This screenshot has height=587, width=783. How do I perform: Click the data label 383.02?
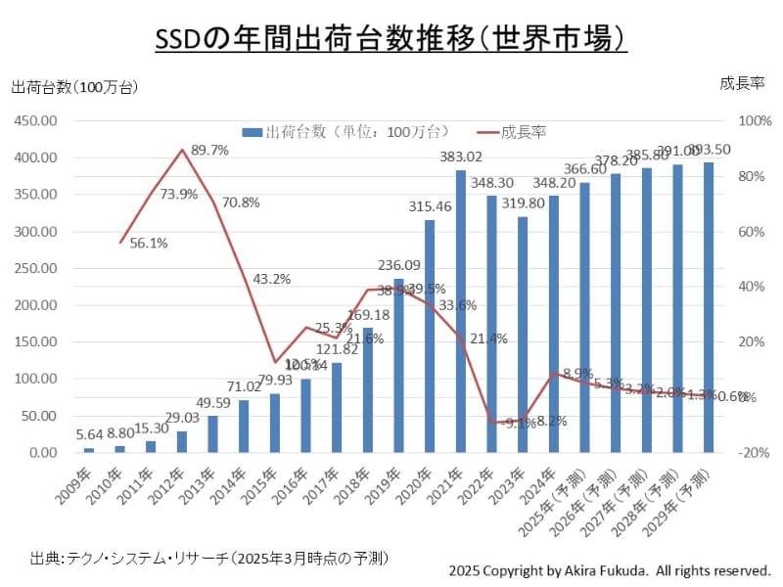(460, 157)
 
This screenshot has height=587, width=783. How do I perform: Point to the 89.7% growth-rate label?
(209, 151)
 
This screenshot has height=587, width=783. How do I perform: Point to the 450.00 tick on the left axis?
(37, 120)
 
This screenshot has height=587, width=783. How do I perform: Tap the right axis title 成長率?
(741, 84)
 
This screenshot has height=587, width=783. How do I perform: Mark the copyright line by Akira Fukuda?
(610, 569)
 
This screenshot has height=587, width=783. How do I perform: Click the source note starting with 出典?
(210, 558)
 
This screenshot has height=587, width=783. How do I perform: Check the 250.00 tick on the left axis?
(37, 268)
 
